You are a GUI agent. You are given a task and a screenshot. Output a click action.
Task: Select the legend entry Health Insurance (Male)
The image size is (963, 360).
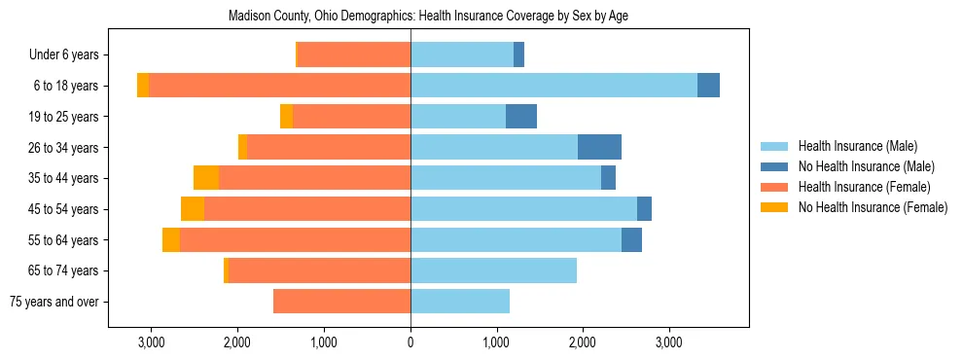[x=857, y=146]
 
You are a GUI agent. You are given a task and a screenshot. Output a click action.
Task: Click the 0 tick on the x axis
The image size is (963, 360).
[x=410, y=342]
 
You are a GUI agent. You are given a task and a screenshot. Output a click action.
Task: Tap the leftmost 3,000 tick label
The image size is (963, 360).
[x=152, y=342]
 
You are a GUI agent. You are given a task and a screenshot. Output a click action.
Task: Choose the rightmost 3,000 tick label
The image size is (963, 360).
[x=668, y=342]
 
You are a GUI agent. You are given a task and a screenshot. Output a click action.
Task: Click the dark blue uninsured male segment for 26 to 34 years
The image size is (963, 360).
[x=599, y=147]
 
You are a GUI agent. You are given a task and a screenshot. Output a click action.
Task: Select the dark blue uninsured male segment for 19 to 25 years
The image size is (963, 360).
[x=521, y=117]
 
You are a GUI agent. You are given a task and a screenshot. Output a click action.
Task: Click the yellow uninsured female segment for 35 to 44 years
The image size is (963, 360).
[x=206, y=178]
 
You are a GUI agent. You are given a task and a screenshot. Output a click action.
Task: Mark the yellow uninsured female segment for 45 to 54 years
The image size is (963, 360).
[x=193, y=209]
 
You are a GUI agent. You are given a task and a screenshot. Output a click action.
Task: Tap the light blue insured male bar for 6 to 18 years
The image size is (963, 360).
[x=553, y=86]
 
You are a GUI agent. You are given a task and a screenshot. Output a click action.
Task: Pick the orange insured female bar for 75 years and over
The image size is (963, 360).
[x=341, y=302]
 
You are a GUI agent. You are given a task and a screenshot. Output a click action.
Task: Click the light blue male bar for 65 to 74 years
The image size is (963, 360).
[x=493, y=270]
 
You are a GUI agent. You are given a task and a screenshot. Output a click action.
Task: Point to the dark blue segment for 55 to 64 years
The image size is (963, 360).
[x=631, y=239]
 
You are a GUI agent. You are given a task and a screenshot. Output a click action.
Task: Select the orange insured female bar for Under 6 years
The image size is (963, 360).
[x=354, y=55]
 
